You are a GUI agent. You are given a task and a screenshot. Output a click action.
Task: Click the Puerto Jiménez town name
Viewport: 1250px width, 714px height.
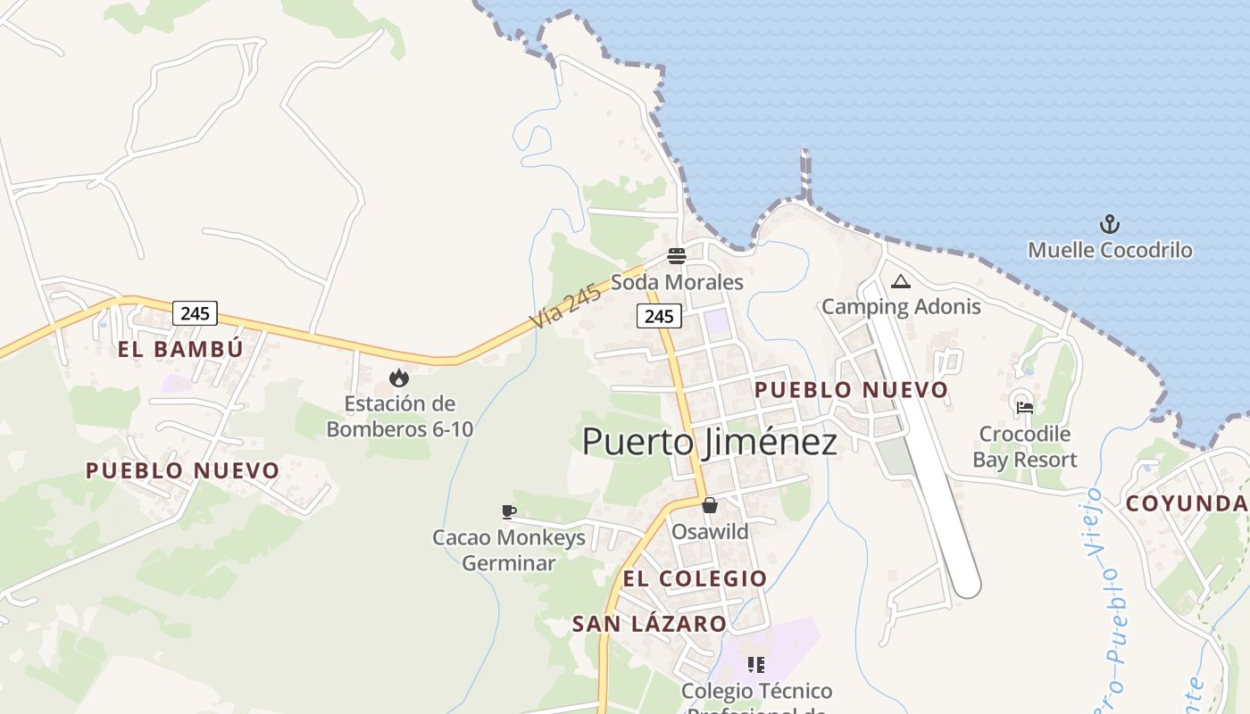click(710, 442)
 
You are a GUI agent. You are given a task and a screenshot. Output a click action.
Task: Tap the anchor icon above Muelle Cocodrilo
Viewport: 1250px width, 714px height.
click(1109, 224)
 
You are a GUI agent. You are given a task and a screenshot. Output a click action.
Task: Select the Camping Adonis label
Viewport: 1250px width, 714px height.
click(900, 307)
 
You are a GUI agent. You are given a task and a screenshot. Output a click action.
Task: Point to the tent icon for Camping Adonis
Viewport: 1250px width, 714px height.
click(900, 282)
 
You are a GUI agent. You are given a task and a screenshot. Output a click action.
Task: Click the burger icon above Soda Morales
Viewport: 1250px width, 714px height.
click(677, 257)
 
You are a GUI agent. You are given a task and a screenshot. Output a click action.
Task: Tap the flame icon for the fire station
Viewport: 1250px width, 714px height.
click(399, 378)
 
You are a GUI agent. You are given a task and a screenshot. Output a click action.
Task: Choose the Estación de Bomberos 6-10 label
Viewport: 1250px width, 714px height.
click(399, 416)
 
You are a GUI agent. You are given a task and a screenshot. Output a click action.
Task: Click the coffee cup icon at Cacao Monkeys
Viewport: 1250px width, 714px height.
click(508, 511)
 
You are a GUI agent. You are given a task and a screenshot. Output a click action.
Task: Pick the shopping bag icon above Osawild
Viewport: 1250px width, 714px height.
click(710, 505)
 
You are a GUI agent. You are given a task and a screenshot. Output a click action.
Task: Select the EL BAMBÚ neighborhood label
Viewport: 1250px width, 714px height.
click(180, 349)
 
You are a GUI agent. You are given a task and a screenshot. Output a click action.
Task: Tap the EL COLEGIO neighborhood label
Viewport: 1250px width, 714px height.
click(695, 578)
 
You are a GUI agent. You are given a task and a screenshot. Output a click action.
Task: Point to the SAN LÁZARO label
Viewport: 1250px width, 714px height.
click(649, 624)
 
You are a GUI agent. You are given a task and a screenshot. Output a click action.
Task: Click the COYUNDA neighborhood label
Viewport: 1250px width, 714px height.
click(1186, 503)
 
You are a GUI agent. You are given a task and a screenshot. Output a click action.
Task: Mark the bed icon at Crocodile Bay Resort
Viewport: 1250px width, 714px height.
click(1025, 407)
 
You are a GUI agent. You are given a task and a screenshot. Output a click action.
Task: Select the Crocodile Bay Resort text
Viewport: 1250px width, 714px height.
click(1025, 447)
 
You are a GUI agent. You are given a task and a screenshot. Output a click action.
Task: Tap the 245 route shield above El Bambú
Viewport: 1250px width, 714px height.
click(195, 313)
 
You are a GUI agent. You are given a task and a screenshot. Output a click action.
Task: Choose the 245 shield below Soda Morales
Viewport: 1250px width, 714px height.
click(659, 315)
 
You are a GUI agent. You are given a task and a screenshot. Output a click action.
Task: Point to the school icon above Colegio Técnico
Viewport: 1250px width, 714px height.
click(756, 665)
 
